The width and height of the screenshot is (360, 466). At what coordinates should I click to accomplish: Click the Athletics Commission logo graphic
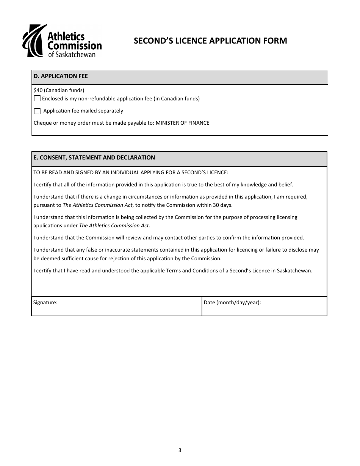(34, 41)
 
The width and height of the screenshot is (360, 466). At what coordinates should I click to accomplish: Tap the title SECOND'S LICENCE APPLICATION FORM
(210, 41)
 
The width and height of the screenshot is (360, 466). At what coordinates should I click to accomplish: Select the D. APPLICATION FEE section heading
(61, 76)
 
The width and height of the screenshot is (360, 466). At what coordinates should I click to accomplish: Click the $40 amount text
(38, 90)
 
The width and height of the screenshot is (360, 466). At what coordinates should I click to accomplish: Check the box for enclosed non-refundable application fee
(37, 99)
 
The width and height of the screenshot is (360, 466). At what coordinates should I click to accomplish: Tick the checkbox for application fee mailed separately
(37, 111)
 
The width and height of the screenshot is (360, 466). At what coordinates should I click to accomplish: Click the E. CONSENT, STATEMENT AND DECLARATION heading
(94, 158)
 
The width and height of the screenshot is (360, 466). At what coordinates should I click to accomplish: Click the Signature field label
(45, 302)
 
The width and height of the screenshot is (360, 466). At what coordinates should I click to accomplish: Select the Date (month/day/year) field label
(232, 302)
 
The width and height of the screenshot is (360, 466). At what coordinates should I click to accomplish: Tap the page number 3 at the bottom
(180, 450)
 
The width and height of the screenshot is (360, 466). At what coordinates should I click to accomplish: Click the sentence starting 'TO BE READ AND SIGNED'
(131, 172)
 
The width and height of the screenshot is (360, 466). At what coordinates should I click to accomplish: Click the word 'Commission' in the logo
(74, 45)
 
